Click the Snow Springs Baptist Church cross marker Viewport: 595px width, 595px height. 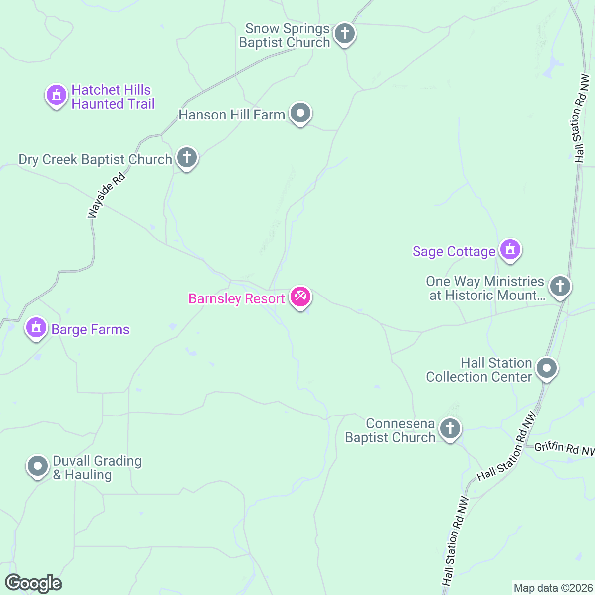click(344, 34)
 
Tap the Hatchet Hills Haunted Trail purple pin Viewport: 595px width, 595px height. click(56, 94)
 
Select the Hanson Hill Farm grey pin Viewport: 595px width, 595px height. click(300, 114)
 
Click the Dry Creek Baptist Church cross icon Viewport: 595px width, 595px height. click(187, 158)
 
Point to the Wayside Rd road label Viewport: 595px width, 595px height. click(106, 195)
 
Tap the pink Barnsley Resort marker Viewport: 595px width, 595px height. click(300, 297)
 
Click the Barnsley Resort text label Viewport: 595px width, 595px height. click(237, 299)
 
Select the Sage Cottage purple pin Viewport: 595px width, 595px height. click(510, 249)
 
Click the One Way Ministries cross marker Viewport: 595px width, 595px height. click(560, 286)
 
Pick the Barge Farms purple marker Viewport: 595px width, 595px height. click(36, 328)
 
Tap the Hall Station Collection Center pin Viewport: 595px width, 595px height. click(547, 368)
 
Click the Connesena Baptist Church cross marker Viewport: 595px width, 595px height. click(450, 429)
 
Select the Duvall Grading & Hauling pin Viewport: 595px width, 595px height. click(38, 466)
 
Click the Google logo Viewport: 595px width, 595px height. click(33, 584)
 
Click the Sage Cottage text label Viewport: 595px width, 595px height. click(454, 252)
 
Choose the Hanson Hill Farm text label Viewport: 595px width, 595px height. click(232, 115)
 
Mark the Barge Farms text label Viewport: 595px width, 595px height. click(90, 330)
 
